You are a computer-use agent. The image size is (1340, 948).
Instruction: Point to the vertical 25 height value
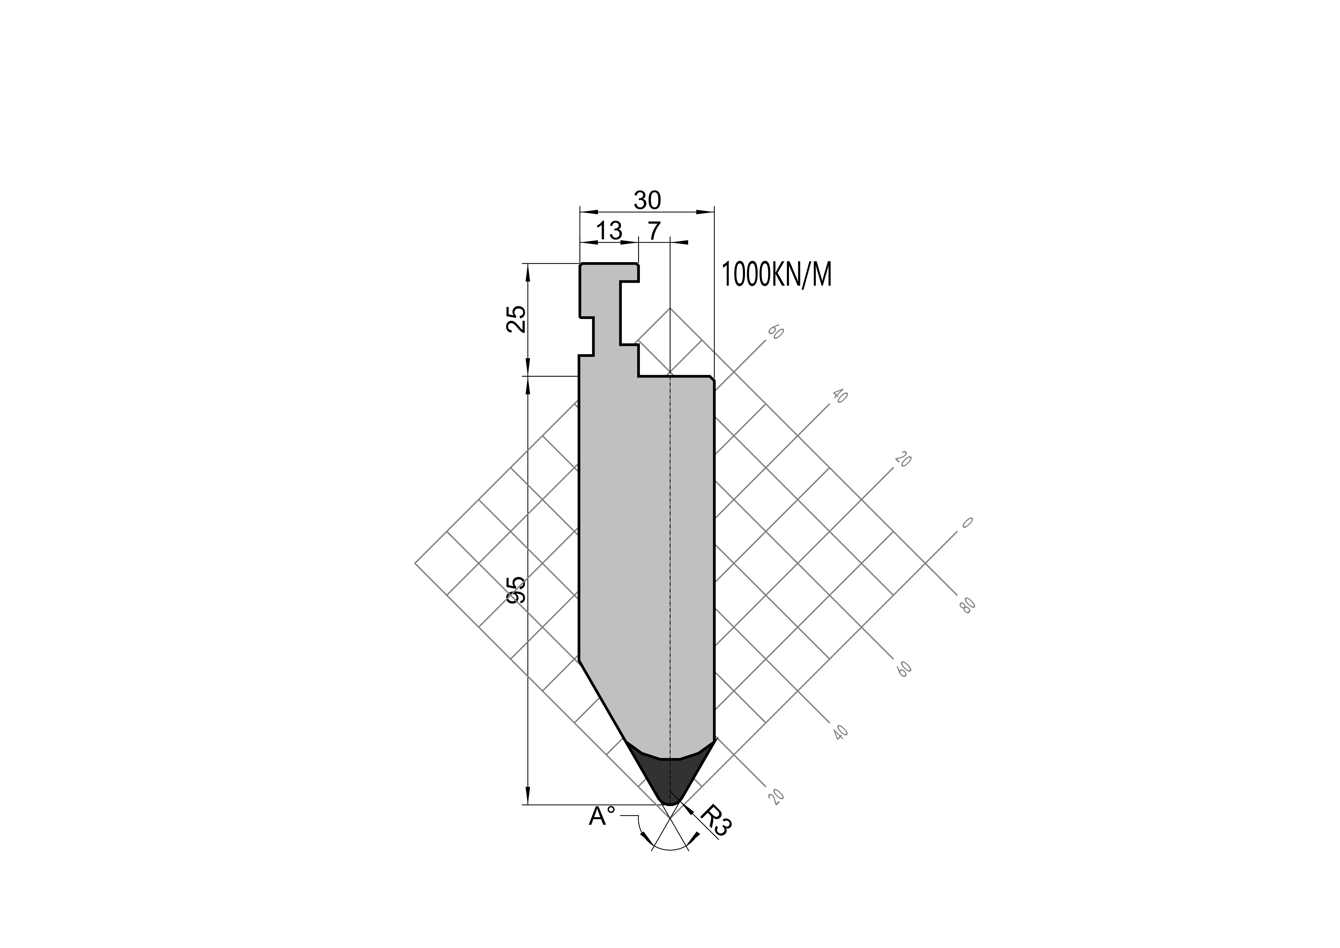pos(516,319)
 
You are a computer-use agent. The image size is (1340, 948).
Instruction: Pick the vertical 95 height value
pos(516,590)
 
